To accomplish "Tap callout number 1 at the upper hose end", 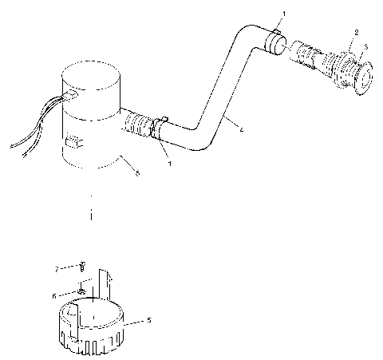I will [x=280, y=14].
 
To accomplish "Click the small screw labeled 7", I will [x=82, y=267].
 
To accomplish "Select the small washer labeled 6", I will [x=82, y=291].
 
